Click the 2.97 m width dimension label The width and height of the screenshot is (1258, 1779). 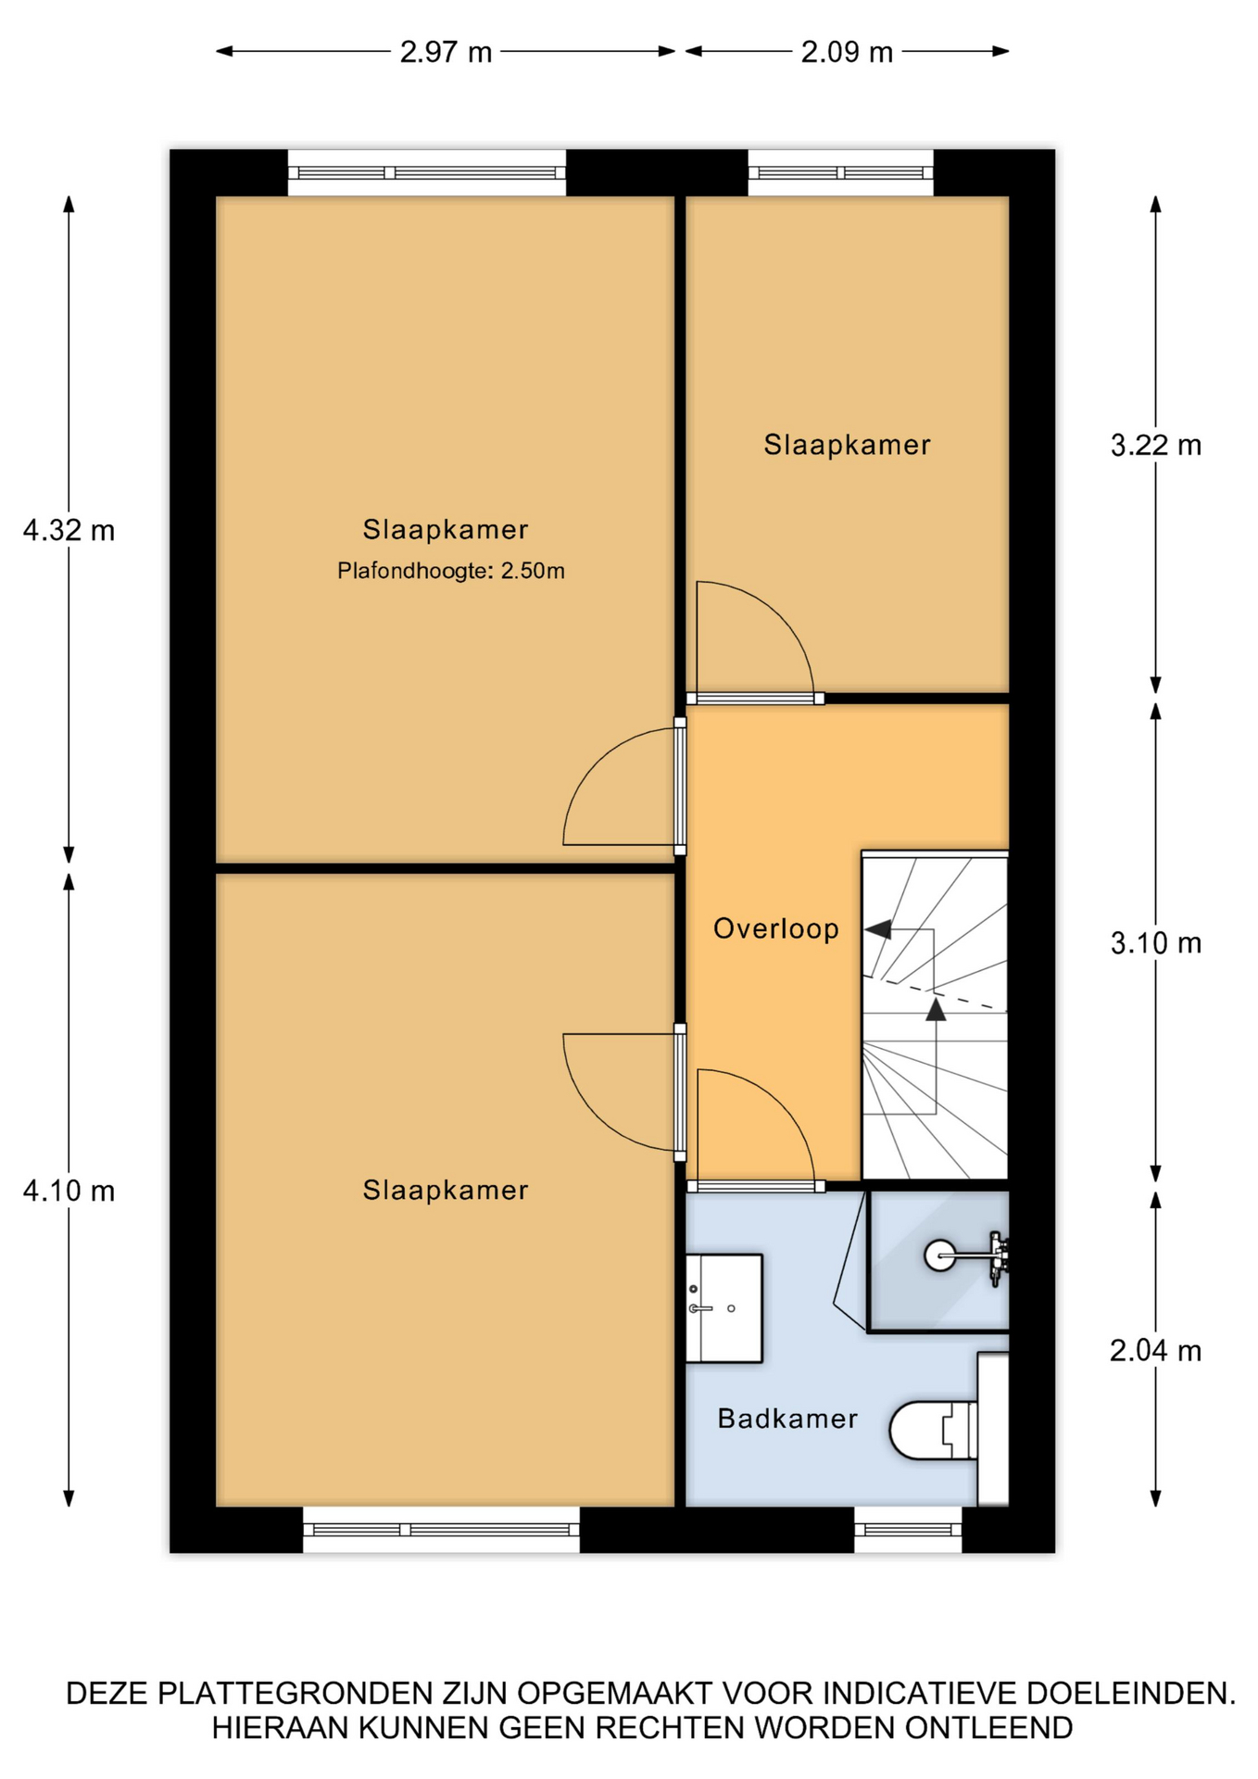pos(446,52)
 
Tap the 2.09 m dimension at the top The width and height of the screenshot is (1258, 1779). pos(847,52)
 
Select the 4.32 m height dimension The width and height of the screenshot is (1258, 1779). pos(69,531)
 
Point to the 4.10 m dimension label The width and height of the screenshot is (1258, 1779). pos(69,1191)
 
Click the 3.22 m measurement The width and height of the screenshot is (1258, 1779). pos(1156,446)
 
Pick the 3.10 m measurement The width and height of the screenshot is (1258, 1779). pos(1156,943)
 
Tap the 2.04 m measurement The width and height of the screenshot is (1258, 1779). pos(1156,1351)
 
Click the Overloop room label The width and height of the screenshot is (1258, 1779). pos(776,928)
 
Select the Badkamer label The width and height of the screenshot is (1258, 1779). pos(787,1419)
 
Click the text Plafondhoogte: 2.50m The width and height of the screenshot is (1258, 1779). pos(451,571)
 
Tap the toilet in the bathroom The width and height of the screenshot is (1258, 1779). pos(934,1431)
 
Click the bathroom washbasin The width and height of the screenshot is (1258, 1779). pos(723,1308)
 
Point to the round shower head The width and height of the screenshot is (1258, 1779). pos(940,1255)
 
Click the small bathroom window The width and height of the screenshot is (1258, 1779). pos(908,1530)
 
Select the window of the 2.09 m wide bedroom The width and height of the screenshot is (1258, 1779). pos(840,172)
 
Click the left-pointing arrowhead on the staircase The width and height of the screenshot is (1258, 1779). pos(878,928)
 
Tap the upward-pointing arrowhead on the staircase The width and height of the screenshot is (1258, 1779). pos(936,1009)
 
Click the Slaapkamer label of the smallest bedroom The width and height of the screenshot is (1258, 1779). pos(847,445)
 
